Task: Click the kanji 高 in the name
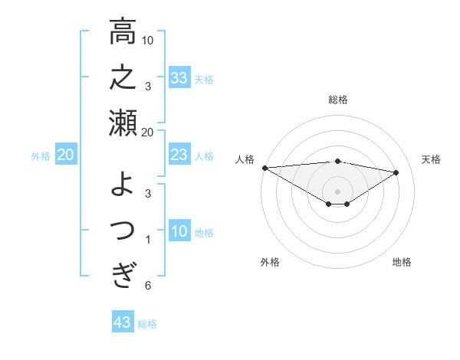coord(123,33)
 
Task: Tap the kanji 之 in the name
coord(123,78)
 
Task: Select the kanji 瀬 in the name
coord(123,123)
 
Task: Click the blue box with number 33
coord(179,77)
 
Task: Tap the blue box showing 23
coord(179,155)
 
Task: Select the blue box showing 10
coord(179,232)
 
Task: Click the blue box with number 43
coord(123,322)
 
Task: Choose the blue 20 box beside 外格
coord(65,155)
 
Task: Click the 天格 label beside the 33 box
coord(205,79)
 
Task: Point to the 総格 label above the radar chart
coord(337,100)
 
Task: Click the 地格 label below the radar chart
coord(402,262)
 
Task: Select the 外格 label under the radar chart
coord(270,262)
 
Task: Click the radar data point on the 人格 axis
coord(264,168)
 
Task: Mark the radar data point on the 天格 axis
coord(396,172)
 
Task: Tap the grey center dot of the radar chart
coord(337,191)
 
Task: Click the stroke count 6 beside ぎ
coord(148,286)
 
